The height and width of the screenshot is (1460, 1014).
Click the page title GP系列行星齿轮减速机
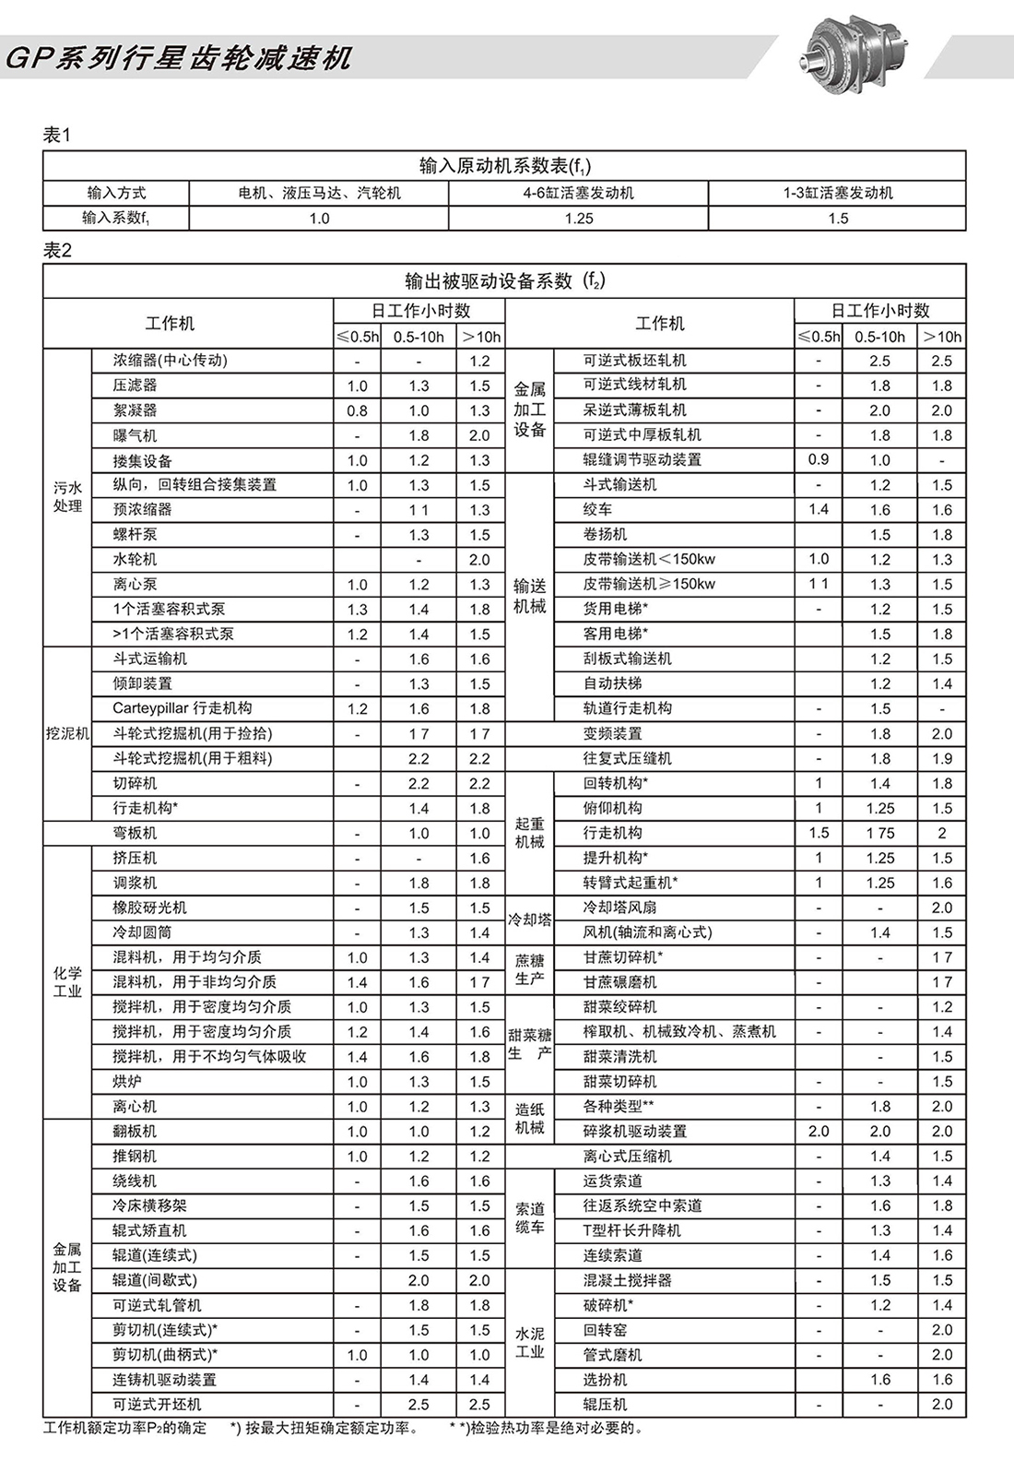click(x=179, y=58)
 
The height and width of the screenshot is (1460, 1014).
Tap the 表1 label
click(x=57, y=135)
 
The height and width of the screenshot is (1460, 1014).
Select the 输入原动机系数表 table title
click(x=504, y=166)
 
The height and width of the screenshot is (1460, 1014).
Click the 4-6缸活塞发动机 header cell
click(x=578, y=193)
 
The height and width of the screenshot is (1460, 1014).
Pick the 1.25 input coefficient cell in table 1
click(x=578, y=219)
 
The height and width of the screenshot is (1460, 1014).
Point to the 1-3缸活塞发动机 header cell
click(x=837, y=193)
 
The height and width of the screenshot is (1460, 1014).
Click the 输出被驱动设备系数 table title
click(x=504, y=280)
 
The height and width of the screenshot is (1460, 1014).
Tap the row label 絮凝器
click(x=136, y=410)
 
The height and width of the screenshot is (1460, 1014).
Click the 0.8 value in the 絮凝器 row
click(x=357, y=410)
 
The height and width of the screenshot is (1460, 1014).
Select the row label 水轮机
click(x=136, y=559)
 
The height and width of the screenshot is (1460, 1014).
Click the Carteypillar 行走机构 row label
click(x=183, y=708)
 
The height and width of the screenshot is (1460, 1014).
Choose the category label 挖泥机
click(x=67, y=733)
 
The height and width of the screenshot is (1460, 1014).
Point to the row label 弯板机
click(x=136, y=833)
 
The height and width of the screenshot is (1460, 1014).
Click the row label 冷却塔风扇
click(x=619, y=908)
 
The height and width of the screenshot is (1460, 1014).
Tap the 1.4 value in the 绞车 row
click(x=818, y=509)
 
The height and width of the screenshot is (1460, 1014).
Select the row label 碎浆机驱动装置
click(x=635, y=1131)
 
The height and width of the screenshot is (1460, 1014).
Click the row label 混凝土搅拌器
click(x=628, y=1280)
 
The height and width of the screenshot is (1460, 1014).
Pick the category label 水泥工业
click(x=530, y=1343)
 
